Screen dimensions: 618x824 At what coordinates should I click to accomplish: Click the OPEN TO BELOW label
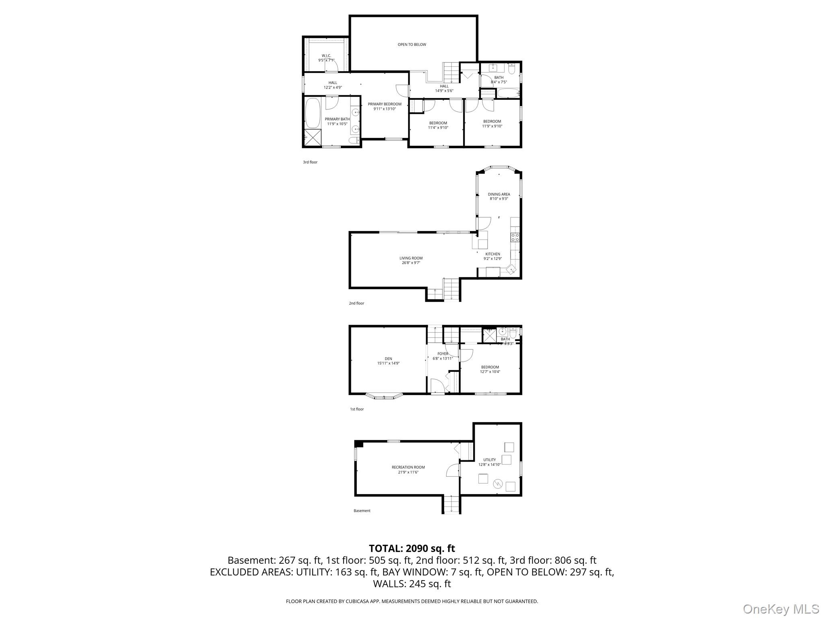tap(412, 45)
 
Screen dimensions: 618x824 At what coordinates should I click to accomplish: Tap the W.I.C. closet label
tap(326, 56)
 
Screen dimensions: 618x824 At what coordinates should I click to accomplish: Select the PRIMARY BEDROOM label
tap(384, 104)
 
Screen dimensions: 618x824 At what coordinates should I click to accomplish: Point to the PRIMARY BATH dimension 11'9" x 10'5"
tap(337, 124)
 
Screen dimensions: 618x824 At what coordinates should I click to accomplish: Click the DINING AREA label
tap(499, 194)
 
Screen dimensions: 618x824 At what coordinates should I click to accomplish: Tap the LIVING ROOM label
tap(411, 258)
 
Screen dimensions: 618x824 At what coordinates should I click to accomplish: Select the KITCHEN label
tap(492, 254)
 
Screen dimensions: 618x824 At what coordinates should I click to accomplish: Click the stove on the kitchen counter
tap(515, 237)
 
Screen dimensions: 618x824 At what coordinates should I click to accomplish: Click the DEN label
tap(388, 359)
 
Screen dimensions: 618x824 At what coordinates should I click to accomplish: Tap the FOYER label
tap(443, 354)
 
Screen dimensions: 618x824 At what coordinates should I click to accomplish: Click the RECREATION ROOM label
tap(408, 468)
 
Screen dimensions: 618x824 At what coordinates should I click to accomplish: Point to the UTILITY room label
tap(489, 460)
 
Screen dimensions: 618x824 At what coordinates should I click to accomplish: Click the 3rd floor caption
tap(310, 162)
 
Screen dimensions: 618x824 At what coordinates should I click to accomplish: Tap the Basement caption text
tap(362, 511)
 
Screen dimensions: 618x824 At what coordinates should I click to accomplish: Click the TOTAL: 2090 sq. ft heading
tap(412, 548)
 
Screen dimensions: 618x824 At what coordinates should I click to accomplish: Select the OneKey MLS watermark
tap(781, 609)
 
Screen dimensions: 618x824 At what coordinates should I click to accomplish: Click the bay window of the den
tap(384, 397)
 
